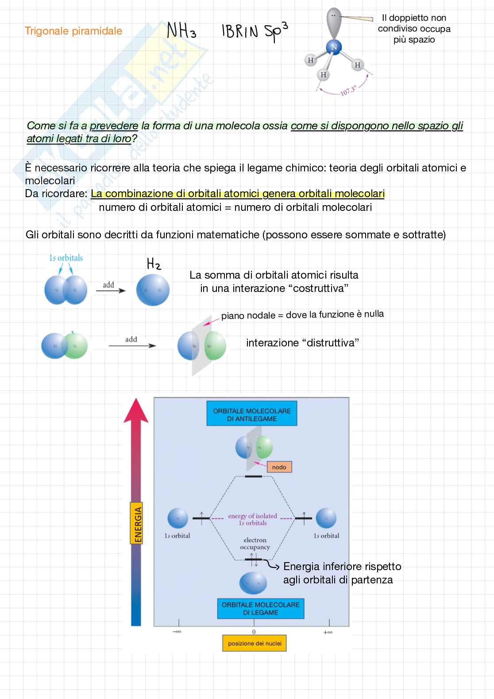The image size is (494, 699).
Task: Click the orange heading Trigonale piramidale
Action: click(73, 31)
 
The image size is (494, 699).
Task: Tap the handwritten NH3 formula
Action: click(181, 31)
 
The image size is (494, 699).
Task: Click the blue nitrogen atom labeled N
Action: click(334, 47)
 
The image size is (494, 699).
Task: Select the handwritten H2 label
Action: click(154, 264)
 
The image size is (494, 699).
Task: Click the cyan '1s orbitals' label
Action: click(66, 258)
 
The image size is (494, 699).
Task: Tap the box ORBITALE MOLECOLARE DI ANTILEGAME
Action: click(251, 415)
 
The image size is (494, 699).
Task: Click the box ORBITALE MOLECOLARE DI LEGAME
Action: click(260, 609)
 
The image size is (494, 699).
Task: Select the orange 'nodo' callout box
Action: click(279, 467)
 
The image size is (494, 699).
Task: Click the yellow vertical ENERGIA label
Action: click(138, 523)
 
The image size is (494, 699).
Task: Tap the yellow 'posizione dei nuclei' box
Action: click(255, 643)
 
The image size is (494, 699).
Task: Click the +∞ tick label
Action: click(328, 632)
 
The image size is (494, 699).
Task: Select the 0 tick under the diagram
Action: click(254, 632)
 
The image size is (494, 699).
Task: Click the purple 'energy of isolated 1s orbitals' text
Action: click(253, 519)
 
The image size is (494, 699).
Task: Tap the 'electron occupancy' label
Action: click(255, 544)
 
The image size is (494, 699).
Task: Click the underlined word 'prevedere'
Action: click(114, 126)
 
